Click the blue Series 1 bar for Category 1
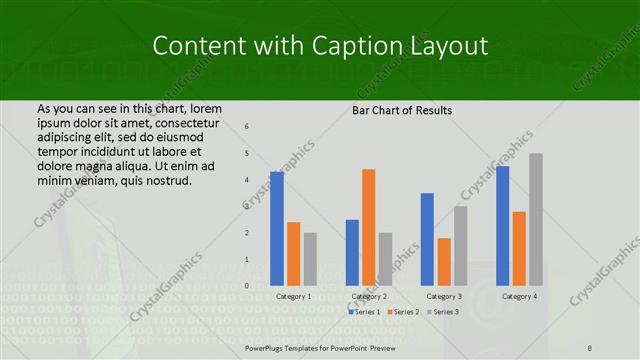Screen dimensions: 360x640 (277, 229)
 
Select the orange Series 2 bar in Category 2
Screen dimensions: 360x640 (368, 227)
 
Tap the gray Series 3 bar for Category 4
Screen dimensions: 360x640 (536, 219)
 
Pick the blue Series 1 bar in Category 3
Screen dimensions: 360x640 (427, 239)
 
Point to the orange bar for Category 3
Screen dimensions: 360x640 (444, 262)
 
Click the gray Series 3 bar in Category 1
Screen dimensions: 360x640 (310, 259)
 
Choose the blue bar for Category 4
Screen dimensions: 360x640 (502, 226)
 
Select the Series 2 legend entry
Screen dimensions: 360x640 (404, 312)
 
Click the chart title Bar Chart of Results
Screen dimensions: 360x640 (402, 110)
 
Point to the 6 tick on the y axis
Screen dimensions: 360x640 (247, 127)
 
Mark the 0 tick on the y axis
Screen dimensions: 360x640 (247, 286)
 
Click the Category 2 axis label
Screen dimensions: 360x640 (369, 297)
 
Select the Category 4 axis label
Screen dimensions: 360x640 (519, 297)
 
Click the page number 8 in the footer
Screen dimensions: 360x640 (590, 347)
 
